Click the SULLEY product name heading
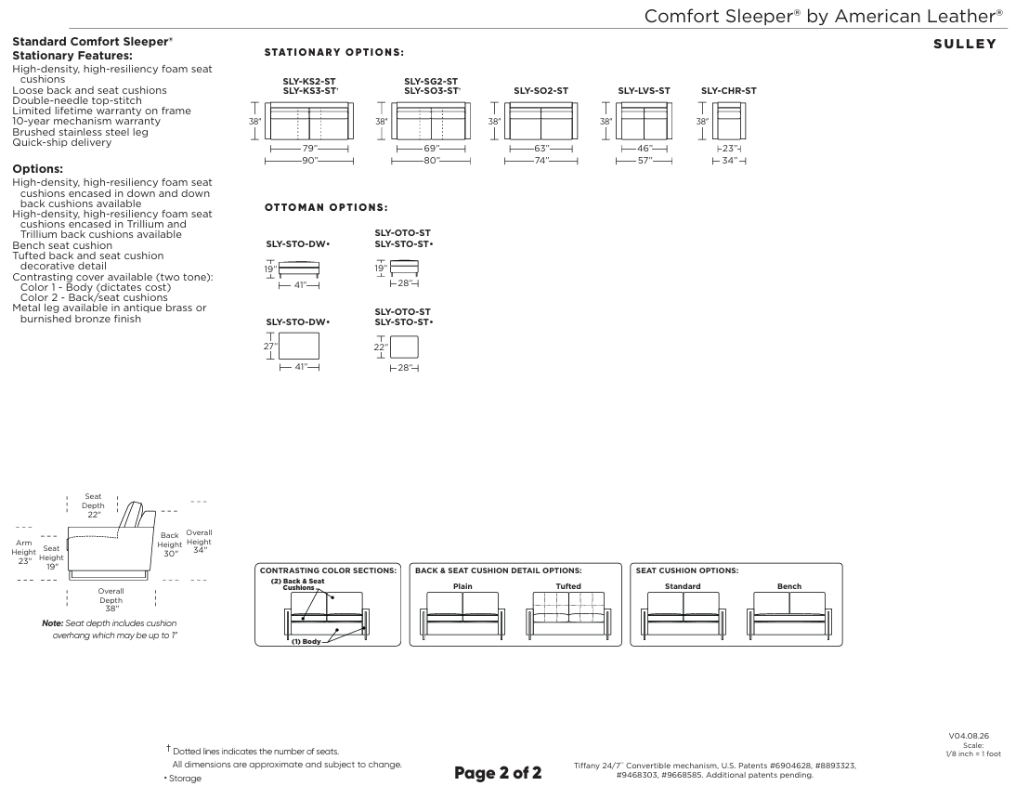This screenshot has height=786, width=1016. (965, 44)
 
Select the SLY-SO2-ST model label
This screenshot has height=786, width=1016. (541, 91)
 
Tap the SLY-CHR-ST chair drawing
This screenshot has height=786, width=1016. (729, 121)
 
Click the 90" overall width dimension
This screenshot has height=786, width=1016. (310, 160)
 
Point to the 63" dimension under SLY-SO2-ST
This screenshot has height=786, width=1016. (541, 149)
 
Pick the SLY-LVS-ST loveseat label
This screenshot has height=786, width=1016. (645, 91)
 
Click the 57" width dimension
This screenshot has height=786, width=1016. (645, 160)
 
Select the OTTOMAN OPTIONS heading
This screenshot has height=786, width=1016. (326, 207)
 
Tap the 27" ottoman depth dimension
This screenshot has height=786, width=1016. (269, 346)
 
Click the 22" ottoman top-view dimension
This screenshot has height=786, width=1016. (381, 347)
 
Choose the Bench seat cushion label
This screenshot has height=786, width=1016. (789, 586)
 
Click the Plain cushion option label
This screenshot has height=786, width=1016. (462, 586)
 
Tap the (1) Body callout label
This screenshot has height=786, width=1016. (306, 641)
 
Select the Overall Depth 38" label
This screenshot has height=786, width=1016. (111, 600)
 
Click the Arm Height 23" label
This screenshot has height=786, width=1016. (24, 552)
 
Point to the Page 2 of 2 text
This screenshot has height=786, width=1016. (498, 772)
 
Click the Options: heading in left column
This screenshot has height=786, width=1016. (37, 169)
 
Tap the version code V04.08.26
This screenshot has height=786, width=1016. (969, 736)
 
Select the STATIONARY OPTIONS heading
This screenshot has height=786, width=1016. (333, 52)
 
